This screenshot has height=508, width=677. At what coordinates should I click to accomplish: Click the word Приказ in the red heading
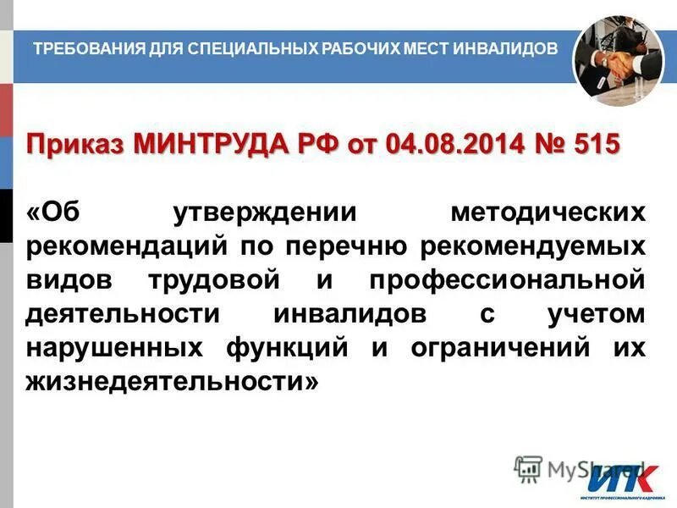(73, 144)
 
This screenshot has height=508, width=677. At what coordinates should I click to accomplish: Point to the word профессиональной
(495, 281)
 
